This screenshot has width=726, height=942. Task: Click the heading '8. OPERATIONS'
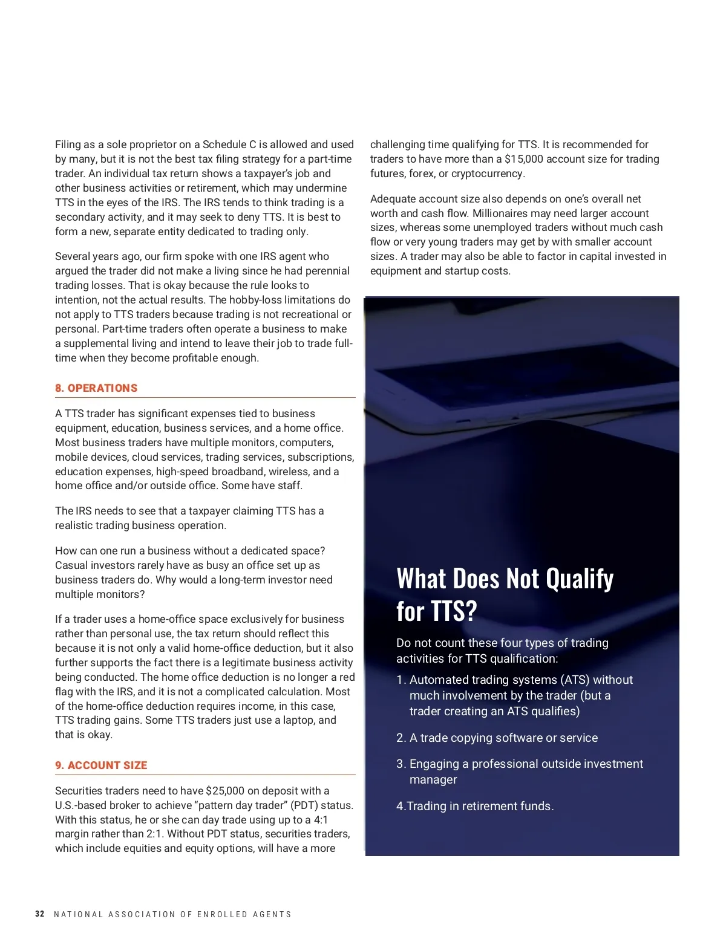coord(96,388)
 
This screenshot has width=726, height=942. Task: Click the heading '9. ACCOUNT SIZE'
coord(101,765)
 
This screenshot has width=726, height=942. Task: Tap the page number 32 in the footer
coord(40,914)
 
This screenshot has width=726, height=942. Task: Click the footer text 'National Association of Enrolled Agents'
coord(172,915)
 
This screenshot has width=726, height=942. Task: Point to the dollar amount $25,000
coord(225,791)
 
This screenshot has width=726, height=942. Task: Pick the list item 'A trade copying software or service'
coord(503,738)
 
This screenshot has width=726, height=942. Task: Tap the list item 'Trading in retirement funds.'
coord(480,806)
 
